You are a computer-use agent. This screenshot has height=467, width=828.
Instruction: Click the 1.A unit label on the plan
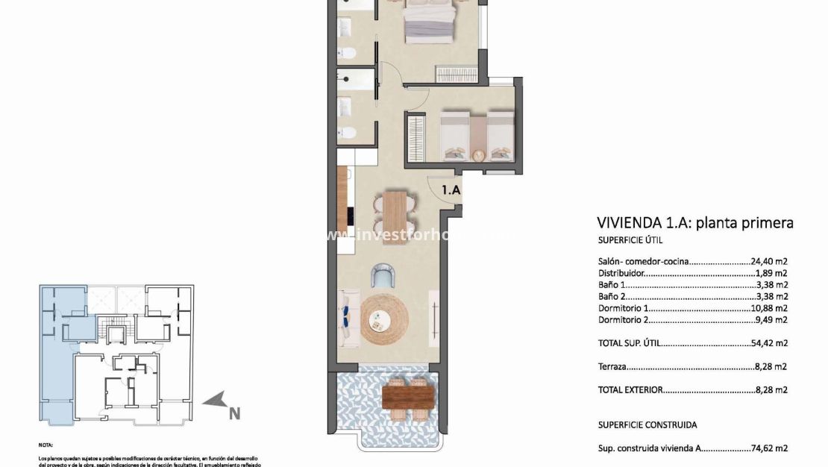click(451, 190)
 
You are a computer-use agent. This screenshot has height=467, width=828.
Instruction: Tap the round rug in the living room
click(384, 319)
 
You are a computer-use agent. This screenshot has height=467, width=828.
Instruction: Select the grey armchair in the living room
click(383, 275)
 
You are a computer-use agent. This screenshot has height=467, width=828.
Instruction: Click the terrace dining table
click(407, 395)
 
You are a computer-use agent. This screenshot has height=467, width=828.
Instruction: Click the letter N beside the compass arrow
click(234, 412)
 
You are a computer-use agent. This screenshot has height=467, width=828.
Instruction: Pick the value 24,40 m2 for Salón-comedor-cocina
click(770, 262)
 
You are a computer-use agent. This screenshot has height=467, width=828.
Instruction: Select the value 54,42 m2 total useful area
click(770, 344)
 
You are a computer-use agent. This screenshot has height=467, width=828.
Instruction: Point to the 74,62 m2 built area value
click(770, 448)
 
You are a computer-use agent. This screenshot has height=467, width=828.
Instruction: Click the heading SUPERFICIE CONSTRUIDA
click(647, 425)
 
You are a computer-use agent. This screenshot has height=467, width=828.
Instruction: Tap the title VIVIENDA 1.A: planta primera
click(694, 222)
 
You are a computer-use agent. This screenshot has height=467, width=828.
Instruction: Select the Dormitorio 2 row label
click(624, 320)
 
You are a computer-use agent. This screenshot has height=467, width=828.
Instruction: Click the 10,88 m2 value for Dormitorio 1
click(770, 308)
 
